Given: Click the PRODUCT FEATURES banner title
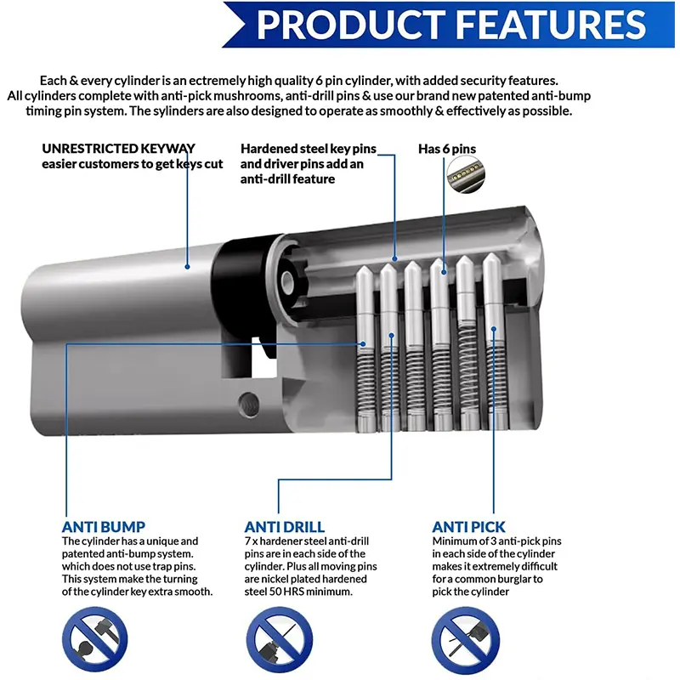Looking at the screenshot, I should (450, 25).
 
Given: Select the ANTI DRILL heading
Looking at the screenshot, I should (284, 526).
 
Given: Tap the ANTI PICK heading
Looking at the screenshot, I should (469, 526).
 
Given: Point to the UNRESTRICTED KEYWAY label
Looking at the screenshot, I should (118, 148).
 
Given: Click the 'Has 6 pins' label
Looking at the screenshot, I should (447, 149).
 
